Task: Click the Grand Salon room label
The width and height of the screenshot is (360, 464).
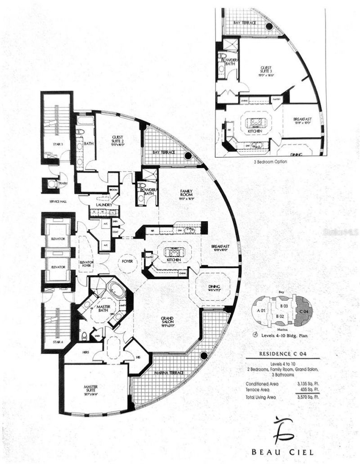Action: coord(167,320)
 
